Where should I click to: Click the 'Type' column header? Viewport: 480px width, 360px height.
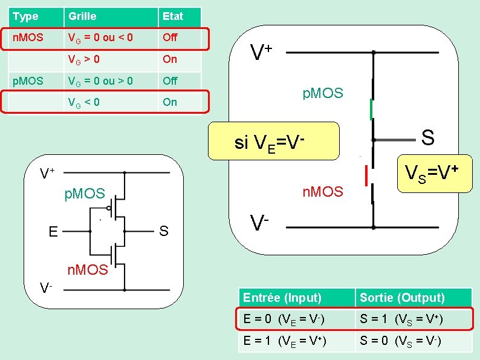pyautogui.click(x=36, y=17)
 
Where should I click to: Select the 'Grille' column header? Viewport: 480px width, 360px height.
pyautogui.click(x=111, y=17)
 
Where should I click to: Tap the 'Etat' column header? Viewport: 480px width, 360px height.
pyautogui.click(x=180, y=17)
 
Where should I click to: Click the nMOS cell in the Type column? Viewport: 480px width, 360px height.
pyautogui.click(x=36, y=38)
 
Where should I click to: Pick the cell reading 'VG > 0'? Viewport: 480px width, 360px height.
pyautogui.click(x=111, y=60)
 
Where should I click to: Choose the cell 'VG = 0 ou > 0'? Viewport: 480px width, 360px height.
pyautogui.click(x=111, y=82)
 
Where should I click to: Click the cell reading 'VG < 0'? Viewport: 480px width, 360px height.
pyautogui.click(x=111, y=102)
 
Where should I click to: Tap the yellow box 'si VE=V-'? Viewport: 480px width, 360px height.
pyautogui.click(x=274, y=141)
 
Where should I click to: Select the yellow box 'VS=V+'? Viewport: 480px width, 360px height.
pyautogui.click(x=435, y=174)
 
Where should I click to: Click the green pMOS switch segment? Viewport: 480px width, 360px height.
pyautogui.click(x=371, y=109)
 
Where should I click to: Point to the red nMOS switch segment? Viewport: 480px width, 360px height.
pyautogui.click(x=366, y=175)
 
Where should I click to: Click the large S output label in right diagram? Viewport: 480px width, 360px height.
pyautogui.click(x=427, y=137)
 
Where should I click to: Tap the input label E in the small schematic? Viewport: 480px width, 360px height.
pyautogui.click(x=53, y=232)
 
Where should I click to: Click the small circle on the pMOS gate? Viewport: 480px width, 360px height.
pyautogui.click(x=109, y=208)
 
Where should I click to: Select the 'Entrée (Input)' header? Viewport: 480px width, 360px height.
pyautogui.click(x=297, y=298)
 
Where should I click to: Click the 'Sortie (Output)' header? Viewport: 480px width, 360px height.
pyautogui.click(x=414, y=298)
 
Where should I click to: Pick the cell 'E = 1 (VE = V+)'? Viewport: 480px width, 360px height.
pyautogui.click(x=297, y=341)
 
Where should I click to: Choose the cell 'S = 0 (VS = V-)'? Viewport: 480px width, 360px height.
pyautogui.click(x=414, y=341)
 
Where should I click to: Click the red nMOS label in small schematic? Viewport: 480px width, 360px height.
pyautogui.click(x=88, y=270)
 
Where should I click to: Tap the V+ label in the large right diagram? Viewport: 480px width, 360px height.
pyautogui.click(x=261, y=52)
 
